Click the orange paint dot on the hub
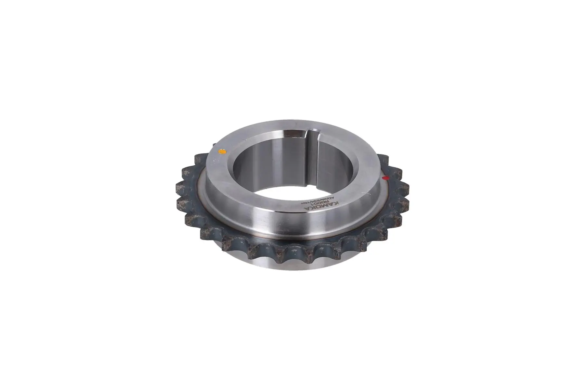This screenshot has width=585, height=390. [223, 151]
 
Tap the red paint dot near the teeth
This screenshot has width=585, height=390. [386, 178]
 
